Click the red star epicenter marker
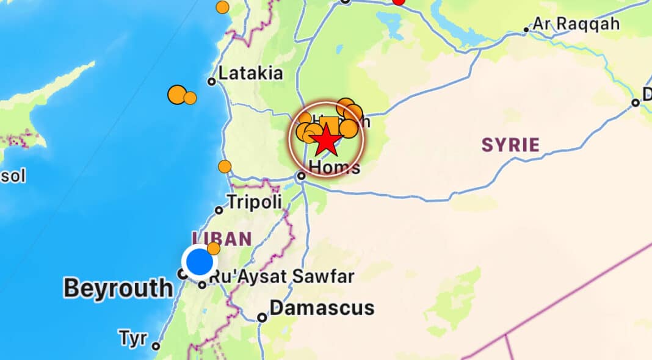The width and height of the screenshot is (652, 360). tap(326, 140)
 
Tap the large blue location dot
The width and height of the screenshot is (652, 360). tap(199, 262)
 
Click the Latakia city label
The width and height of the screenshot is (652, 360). tap(250, 74)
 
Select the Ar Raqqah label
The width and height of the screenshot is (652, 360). tap(576, 24)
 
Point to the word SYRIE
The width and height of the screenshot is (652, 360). tap(510, 145)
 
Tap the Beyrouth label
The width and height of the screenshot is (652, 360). tap(118, 288)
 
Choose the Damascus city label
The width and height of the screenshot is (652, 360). tap(322, 308)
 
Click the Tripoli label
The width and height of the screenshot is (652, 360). tap(254, 202)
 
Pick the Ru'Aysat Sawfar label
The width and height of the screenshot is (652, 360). tap(281, 276)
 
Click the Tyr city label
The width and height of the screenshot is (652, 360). tap(133, 337)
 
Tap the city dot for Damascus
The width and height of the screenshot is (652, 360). tap(262, 317)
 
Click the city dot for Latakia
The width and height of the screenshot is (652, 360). tap(212, 81)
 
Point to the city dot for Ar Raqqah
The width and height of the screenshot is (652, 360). tap(526, 29)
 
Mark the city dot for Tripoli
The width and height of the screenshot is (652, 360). tap(219, 211)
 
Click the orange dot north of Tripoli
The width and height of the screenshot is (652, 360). tap(225, 167)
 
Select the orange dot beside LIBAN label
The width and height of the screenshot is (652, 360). tap(214, 248)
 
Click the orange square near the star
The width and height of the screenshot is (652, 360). tap(329, 124)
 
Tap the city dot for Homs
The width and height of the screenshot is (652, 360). tap(301, 176)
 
